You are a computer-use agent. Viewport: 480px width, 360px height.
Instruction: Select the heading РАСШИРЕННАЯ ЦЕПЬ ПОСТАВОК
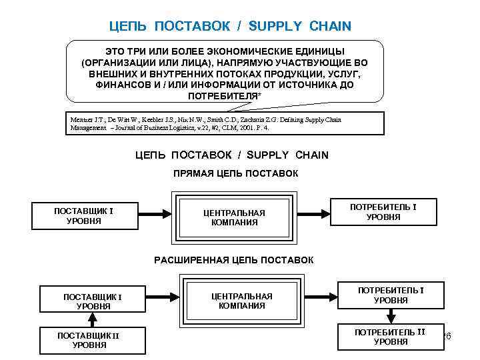(x=233, y=259)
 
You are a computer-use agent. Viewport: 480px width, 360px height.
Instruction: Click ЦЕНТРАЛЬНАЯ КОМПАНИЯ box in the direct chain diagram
(x=233, y=217)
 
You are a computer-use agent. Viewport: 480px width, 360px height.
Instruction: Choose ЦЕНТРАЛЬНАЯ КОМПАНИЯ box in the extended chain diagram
(x=241, y=301)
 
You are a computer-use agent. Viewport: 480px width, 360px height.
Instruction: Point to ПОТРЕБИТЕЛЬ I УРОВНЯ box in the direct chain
(x=383, y=212)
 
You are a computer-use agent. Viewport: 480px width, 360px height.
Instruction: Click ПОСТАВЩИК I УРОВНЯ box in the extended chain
(x=93, y=301)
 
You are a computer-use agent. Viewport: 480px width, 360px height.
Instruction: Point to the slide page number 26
(x=447, y=336)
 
